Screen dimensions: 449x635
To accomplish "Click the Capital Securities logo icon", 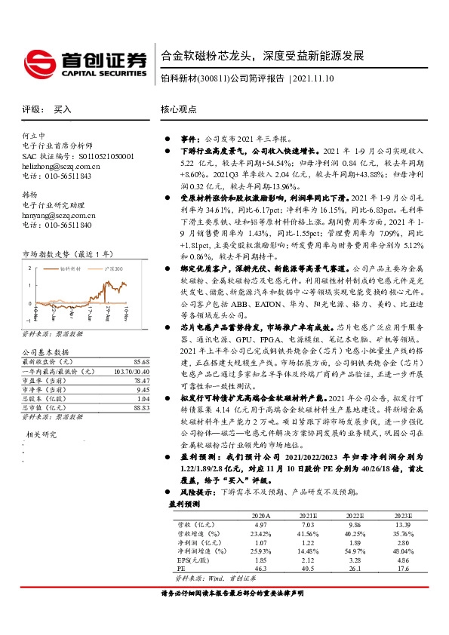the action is pyautogui.click(x=38, y=60).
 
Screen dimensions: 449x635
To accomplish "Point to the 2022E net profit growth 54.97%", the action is pyautogui.click(x=334, y=551).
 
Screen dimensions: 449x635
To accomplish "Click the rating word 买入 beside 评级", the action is pyautogui.click(x=63, y=109).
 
